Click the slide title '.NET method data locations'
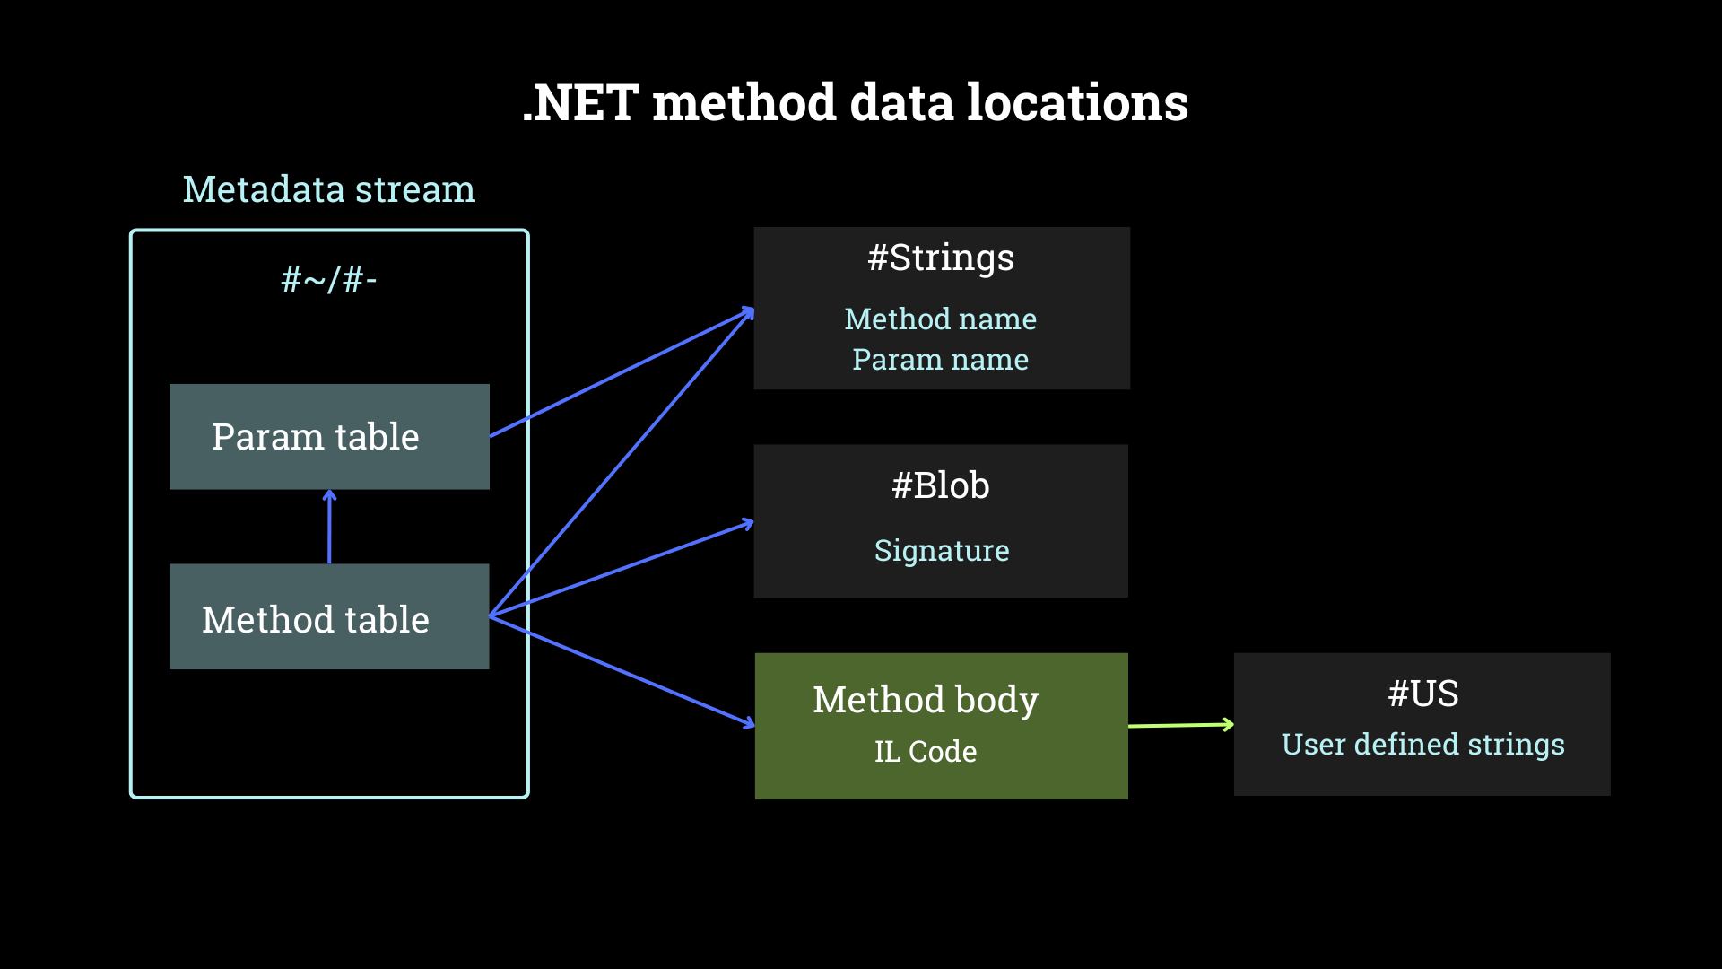tap(855, 102)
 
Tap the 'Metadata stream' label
tap(329, 189)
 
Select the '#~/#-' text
tap(329, 280)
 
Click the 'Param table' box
tap(329, 437)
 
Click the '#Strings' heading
tap(941, 258)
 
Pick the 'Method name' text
tap(940, 319)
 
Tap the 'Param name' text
tap(940, 360)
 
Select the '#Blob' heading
tap(941, 486)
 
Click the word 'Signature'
tap(942, 550)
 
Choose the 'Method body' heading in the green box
tap(926, 700)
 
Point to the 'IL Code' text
tap(926, 752)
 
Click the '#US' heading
tap(1423, 694)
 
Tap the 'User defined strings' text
tap(1422, 745)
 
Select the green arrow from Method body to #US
tap(1180, 725)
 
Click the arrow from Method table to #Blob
tap(628, 567)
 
